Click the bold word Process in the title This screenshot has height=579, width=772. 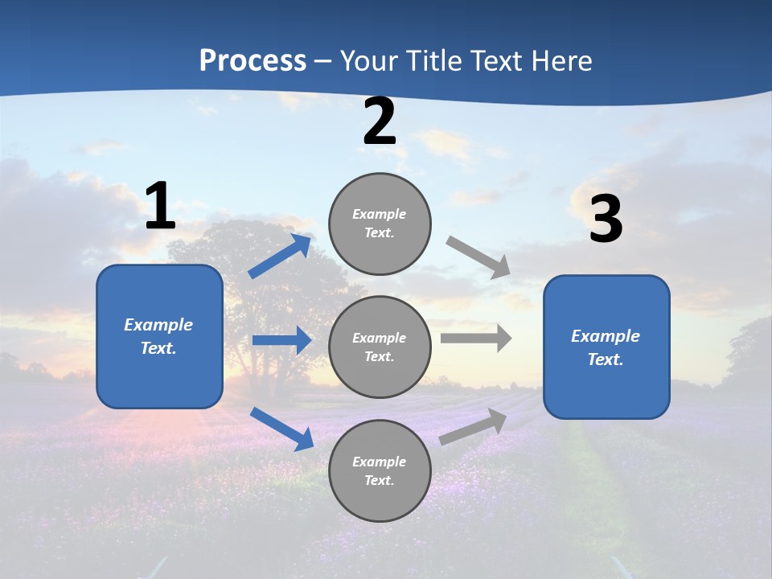pyautogui.click(x=253, y=61)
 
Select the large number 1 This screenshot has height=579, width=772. pyautogui.click(x=160, y=207)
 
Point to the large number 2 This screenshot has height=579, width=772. pyautogui.click(x=380, y=122)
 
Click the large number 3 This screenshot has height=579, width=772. pyautogui.click(x=606, y=220)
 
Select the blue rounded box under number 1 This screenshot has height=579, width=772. pyautogui.click(x=159, y=336)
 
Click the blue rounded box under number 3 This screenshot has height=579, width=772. pyautogui.click(x=606, y=347)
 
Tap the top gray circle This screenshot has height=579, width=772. pyautogui.click(x=380, y=224)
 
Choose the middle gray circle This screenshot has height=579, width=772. pyautogui.click(x=380, y=347)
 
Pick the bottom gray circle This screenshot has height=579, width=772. pyautogui.click(x=380, y=470)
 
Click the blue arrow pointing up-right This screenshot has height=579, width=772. pyautogui.click(x=280, y=257)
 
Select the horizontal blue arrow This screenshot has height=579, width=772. pyautogui.click(x=281, y=340)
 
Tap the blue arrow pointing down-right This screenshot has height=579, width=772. pyautogui.click(x=281, y=429)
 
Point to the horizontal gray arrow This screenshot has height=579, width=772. pyautogui.click(x=476, y=338)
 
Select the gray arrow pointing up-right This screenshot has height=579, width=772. pyautogui.click(x=474, y=426)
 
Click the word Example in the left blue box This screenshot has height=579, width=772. pyautogui.click(x=158, y=325)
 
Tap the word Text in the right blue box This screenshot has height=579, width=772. pyautogui.click(x=604, y=359)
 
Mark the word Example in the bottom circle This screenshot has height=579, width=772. pyautogui.click(x=379, y=462)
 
